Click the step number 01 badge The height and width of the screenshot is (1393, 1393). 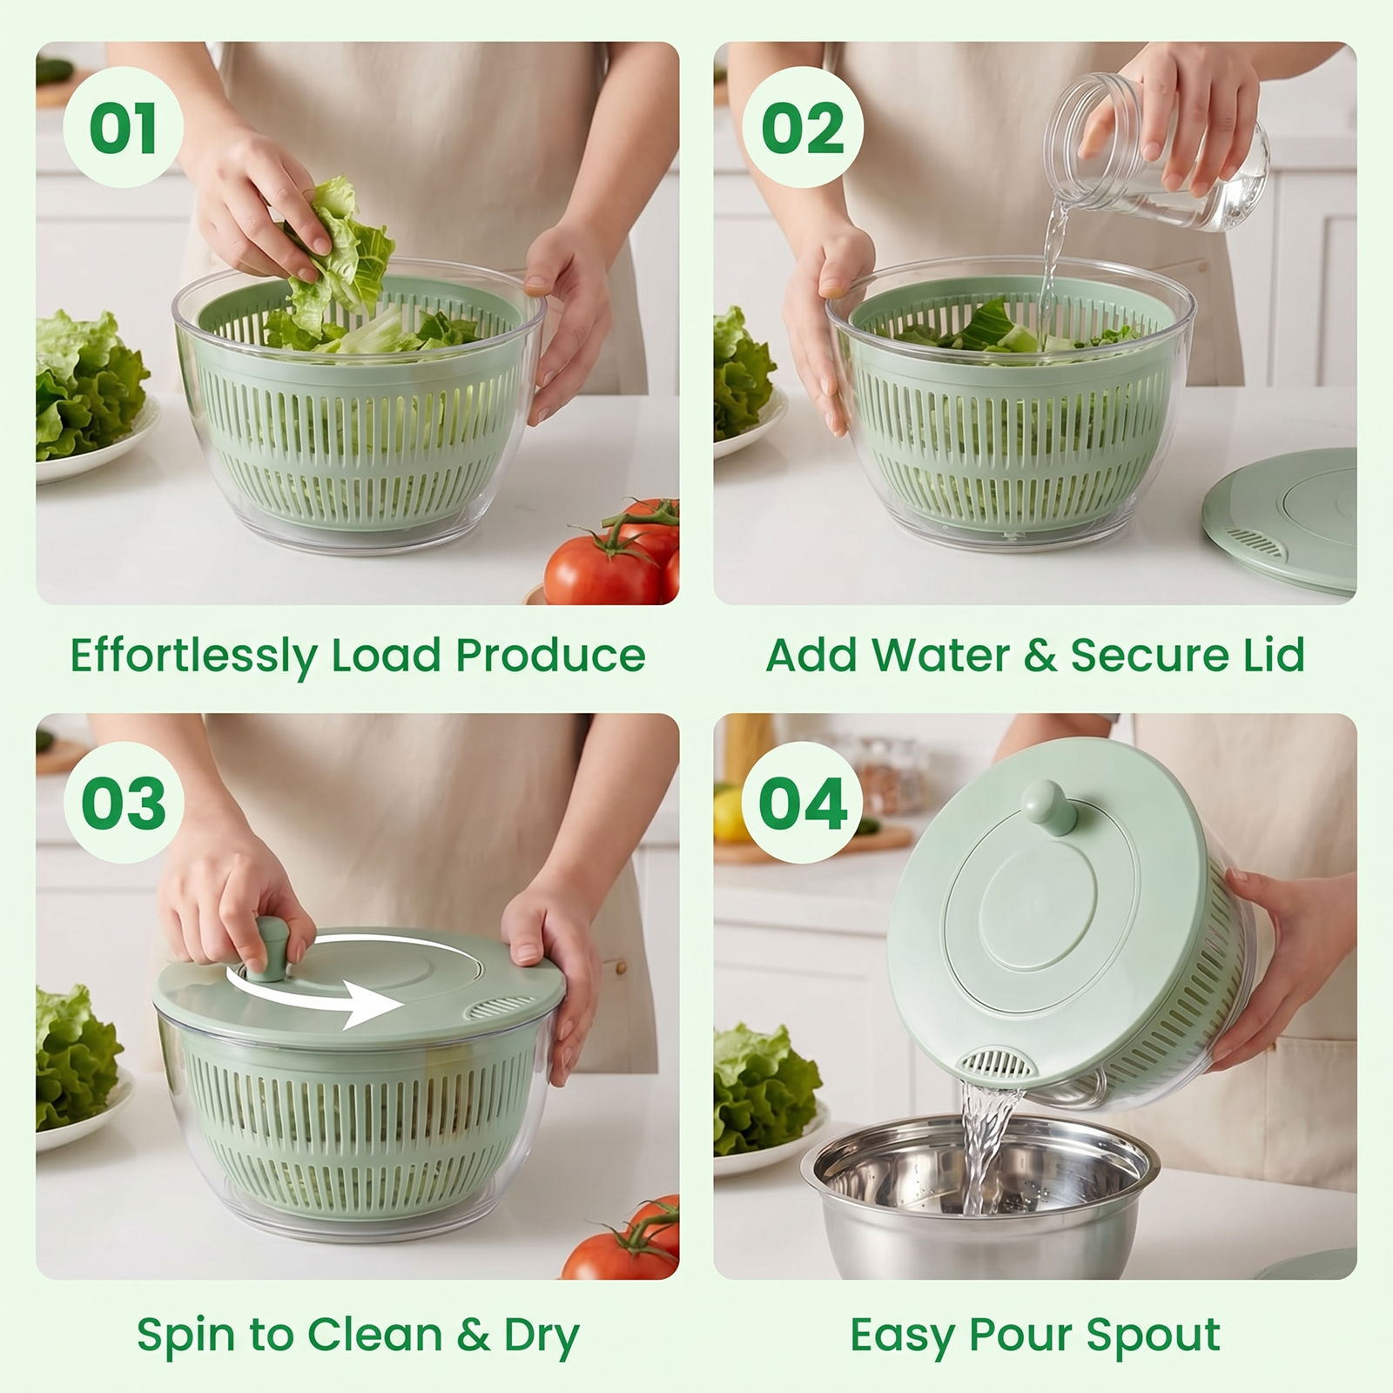point(123,128)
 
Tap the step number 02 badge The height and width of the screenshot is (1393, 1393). point(803,128)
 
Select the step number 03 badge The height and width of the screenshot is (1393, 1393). point(124,803)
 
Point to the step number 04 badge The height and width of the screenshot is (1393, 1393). point(803,803)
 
